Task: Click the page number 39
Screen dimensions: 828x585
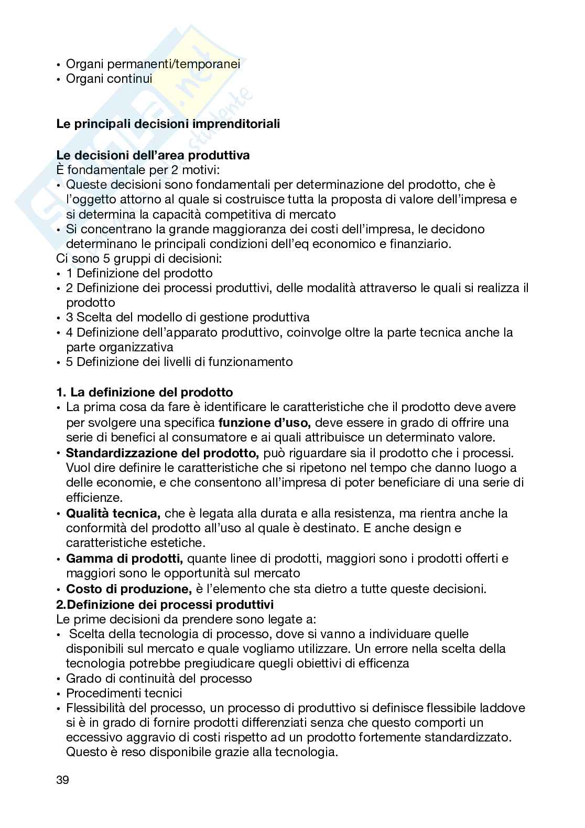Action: pos(62,780)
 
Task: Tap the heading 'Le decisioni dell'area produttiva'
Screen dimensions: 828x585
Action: pos(153,155)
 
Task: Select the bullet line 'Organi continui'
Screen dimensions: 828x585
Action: pos(109,79)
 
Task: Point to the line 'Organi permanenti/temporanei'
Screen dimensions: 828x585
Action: pos(153,64)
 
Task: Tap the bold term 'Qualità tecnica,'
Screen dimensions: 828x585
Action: pos(113,513)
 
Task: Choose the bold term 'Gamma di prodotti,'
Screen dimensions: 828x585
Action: pos(124,558)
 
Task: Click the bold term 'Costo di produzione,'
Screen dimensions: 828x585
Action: pos(128,589)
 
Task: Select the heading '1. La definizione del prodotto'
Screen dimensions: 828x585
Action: pos(144,392)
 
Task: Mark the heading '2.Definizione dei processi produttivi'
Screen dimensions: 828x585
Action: pos(165,604)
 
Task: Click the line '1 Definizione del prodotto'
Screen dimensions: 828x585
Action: pos(139,273)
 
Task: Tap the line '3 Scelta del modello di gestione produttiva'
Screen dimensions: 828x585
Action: pos(187,317)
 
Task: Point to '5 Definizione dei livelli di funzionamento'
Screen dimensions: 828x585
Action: pos(179,362)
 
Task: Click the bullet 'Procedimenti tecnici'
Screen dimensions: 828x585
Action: pos(124,693)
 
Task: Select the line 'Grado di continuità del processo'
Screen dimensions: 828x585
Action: pos(159,679)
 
